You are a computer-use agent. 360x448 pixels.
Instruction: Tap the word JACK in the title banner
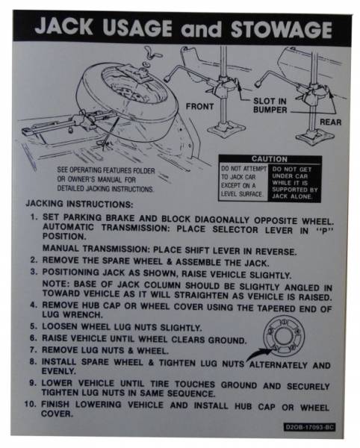click(69, 30)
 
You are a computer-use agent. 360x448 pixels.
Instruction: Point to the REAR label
click(330, 122)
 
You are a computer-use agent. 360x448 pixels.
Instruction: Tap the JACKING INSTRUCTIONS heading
click(78, 203)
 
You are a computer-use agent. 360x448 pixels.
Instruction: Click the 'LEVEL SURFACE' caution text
click(242, 193)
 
